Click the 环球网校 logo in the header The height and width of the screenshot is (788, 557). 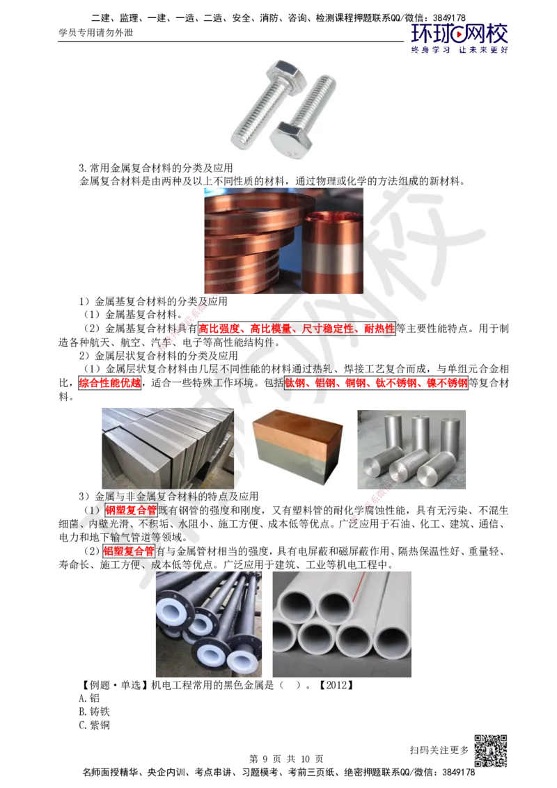tap(460, 38)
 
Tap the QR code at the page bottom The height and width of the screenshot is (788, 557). tap(491, 750)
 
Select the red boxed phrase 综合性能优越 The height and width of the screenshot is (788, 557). tap(110, 383)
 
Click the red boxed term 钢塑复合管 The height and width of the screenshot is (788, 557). tap(131, 510)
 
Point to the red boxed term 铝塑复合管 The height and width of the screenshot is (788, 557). tap(130, 551)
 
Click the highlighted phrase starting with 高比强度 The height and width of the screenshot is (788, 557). tap(297, 329)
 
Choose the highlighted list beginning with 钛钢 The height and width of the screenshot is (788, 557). tap(377, 383)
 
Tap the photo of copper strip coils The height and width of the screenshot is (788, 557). tap(283, 241)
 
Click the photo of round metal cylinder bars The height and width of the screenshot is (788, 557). tap(411, 449)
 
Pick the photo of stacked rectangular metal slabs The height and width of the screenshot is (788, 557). tap(168, 448)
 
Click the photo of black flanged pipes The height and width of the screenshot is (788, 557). tap(209, 624)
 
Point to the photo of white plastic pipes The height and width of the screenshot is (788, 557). tap(342, 624)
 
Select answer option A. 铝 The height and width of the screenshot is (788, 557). tap(90, 698)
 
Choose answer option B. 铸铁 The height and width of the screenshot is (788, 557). tap(95, 711)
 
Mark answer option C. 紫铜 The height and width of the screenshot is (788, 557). tap(95, 725)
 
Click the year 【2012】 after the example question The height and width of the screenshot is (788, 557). tap(336, 685)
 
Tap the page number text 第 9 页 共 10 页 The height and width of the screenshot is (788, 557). tap(287, 759)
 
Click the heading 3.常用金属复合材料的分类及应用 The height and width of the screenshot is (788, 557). tap(156, 168)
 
